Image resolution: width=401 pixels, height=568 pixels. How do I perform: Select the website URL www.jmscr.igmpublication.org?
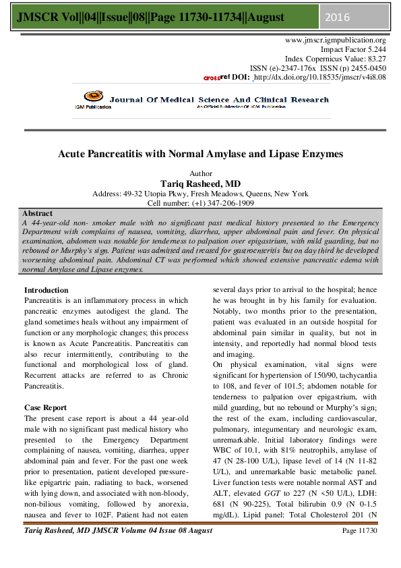pyautogui.click(x=336, y=40)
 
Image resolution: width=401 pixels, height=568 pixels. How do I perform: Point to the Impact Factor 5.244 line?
pyautogui.click(x=353, y=50)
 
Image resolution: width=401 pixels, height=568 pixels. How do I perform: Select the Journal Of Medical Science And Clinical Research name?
pyautogui.click(x=219, y=100)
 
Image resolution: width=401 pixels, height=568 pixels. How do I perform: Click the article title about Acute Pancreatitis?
pyautogui.click(x=200, y=154)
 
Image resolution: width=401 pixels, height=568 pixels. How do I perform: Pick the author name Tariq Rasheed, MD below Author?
pyautogui.click(x=200, y=183)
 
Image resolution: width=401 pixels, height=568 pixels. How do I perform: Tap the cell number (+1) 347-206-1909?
pyautogui.click(x=200, y=203)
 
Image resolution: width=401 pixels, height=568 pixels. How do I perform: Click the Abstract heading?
pyautogui.click(x=38, y=213)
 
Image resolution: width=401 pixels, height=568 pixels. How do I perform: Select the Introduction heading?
pyautogui.click(x=47, y=290)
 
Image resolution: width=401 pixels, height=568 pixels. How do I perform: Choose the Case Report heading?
pyautogui.click(x=46, y=407)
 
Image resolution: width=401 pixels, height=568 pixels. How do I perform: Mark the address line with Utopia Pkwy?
pyautogui.click(x=200, y=194)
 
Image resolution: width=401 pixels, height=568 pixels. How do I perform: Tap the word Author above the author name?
pyautogui.click(x=201, y=173)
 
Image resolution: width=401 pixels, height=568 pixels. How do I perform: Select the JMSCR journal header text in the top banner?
pyautogui.click(x=129, y=16)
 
